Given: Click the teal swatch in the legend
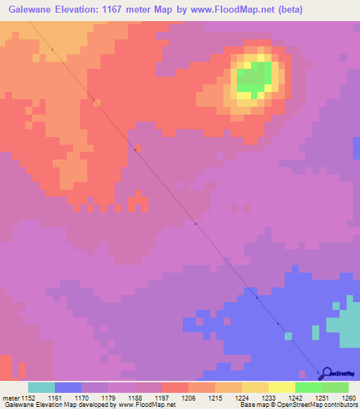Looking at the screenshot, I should point(41,387).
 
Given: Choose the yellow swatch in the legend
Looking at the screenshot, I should point(282,387).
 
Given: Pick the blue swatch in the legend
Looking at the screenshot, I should point(68,387).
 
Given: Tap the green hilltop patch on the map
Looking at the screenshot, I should point(255,77).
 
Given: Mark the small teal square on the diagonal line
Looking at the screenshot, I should point(288,336).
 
